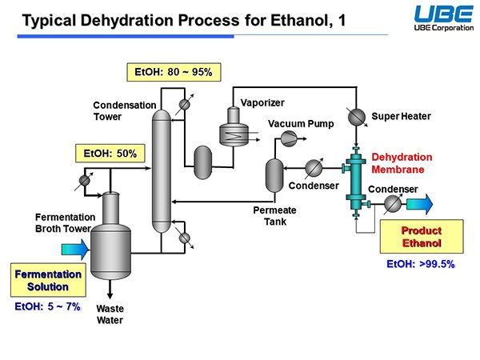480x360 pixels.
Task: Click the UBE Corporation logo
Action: click(443, 18)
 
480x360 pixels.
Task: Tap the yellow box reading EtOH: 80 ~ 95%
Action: click(174, 72)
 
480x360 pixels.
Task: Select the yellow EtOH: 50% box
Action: click(110, 153)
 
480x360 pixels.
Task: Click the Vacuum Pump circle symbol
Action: click(289, 138)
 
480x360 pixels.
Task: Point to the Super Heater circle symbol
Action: click(357, 117)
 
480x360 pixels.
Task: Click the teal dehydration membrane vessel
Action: click(356, 182)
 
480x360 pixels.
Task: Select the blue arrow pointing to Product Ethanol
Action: click(420, 203)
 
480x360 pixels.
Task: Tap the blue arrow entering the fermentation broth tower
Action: click(75, 249)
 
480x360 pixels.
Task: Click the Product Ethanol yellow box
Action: click(422, 236)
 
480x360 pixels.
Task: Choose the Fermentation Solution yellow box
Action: click(48, 280)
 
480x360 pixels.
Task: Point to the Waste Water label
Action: click(110, 314)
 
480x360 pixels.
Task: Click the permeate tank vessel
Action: click(274, 175)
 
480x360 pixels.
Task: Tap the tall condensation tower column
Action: click(162, 171)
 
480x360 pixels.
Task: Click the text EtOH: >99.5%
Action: click(421, 264)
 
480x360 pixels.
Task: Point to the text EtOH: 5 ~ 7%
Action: click(47, 306)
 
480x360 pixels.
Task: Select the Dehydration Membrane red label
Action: click(402, 163)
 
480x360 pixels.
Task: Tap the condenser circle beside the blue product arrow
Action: click(393, 204)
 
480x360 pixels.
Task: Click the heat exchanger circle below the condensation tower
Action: click(184, 238)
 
